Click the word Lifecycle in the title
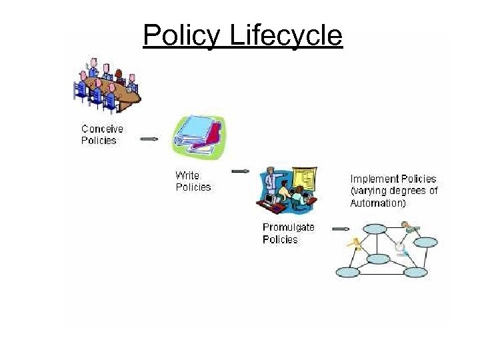click(285, 35)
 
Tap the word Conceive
click(102, 129)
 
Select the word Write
click(187, 175)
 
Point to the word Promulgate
click(289, 227)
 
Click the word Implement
click(374, 179)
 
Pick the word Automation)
click(377, 203)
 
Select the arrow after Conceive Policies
click(149, 139)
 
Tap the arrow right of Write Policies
click(240, 171)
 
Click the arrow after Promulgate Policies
click(340, 229)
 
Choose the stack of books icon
click(198, 135)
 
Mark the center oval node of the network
click(378, 259)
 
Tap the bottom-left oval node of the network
click(347, 272)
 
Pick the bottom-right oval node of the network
click(415, 272)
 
